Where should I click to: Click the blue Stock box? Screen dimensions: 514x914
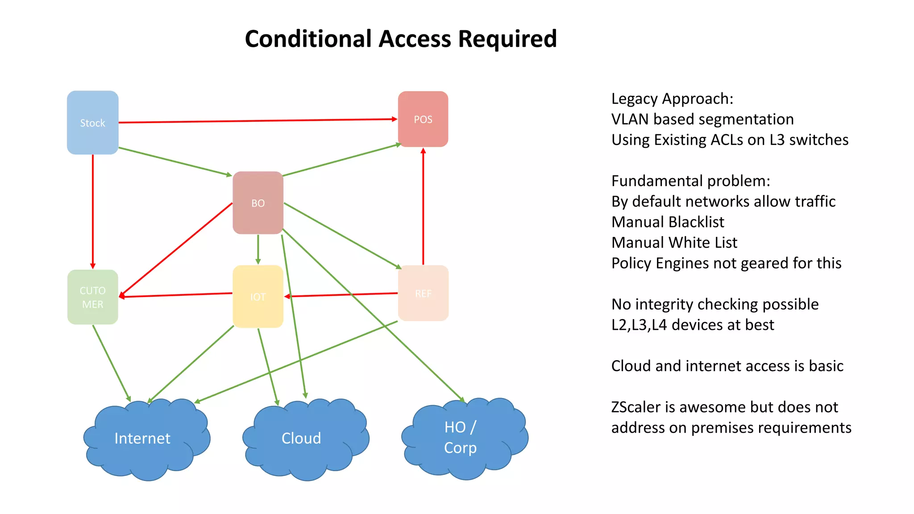coord(92,123)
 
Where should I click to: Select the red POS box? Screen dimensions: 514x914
coord(423,119)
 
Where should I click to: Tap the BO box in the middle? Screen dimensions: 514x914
coord(258,203)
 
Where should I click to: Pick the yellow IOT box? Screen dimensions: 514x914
coord(258,297)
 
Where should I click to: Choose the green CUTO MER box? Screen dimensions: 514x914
coord(92,297)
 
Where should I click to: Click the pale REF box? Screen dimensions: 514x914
coord(423,293)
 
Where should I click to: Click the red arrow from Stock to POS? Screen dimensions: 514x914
coord(258,120)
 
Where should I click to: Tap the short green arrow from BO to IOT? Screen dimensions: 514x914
coord(258,249)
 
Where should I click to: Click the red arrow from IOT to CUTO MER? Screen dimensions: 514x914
coord(176,294)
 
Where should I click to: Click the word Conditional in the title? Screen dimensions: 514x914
coord(308,39)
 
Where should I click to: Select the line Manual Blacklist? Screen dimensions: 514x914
coord(668,222)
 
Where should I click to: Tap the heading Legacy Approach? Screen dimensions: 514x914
coord(672,99)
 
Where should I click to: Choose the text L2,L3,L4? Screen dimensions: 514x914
coord(639,325)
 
